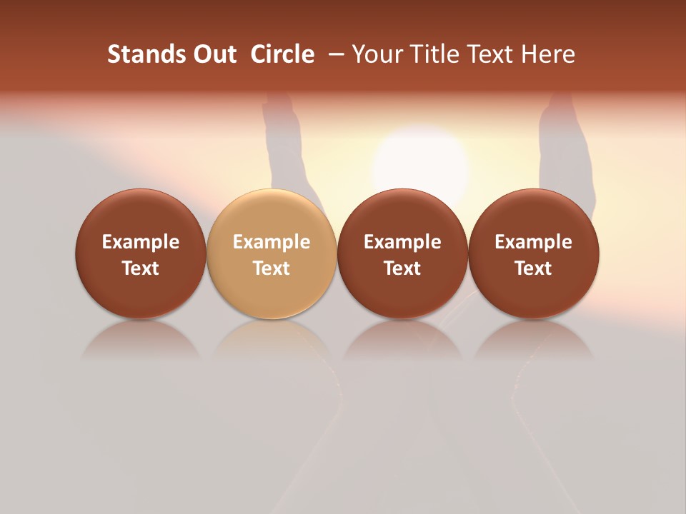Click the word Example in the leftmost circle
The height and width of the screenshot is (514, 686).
(x=141, y=242)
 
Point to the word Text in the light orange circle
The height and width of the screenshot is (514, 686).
(x=272, y=268)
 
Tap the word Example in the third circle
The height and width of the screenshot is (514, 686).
(x=402, y=242)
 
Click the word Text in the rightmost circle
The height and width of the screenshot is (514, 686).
(x=534, y=268)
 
